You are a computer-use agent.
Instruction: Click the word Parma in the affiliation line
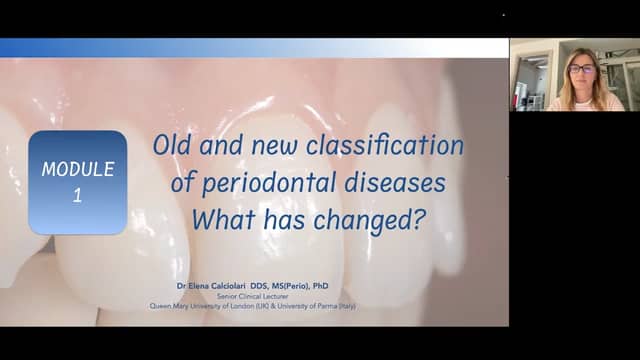tap(337, 305)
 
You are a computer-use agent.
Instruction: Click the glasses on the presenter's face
tap(582, 69)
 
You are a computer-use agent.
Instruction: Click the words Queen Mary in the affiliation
tap(167, 305)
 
